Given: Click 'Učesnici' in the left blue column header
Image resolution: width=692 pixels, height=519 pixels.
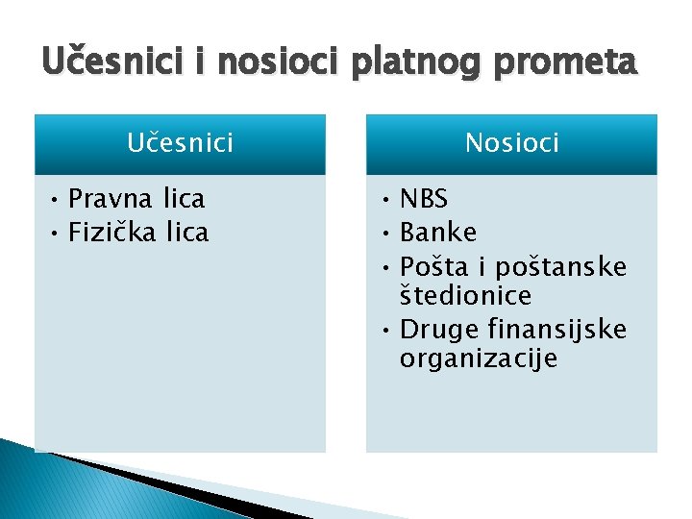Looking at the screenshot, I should pyautogui.click(x=180, y=143).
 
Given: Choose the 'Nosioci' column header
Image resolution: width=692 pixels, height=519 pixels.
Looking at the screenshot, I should pyautogui.click(x=511, y=143).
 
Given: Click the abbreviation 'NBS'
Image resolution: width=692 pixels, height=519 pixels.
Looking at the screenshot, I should pyautogui.click(x=424, y=199).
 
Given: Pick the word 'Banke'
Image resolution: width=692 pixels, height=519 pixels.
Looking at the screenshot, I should pyautogui.click(x=437, y=232).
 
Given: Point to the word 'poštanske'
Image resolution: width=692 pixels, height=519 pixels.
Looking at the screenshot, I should pyautogui.click(x=560, y=265).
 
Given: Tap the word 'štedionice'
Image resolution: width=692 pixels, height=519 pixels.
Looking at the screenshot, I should pyautogui.click(x=466, y=296).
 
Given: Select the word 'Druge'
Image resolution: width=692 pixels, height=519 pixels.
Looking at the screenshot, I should pyautogui.click(x=437, y=330).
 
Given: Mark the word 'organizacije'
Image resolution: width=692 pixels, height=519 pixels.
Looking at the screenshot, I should pyautogui.click(x=478, y=360).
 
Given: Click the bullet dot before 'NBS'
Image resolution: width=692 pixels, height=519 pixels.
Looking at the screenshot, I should pyautogui.click(x=383, y=200).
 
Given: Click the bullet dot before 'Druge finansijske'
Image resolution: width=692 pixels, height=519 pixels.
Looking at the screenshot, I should pyautogui.click(x=383, y=331).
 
